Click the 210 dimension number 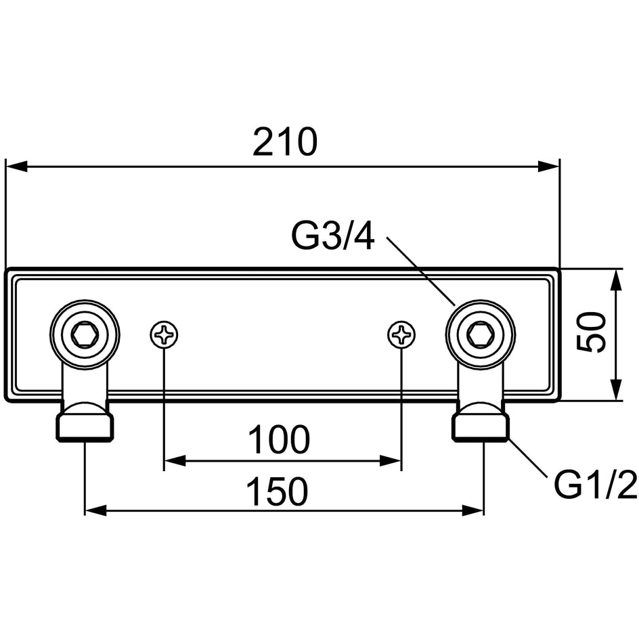tap(284, 142)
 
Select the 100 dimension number tap(279, 439)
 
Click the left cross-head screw tap(164, 336)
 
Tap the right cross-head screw tap(401, 336)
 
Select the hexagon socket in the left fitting tap(85, 336)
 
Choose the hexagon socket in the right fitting tap(481, 336)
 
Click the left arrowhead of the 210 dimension tap(16, 167)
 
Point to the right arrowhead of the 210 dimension tap(548, 167)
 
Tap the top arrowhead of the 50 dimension tap(617, 280)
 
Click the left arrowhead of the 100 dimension tap(175, 462)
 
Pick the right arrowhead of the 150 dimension tap(472, 510)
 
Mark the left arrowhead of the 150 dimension tap(95, 510)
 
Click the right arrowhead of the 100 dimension tap(391, 462)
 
